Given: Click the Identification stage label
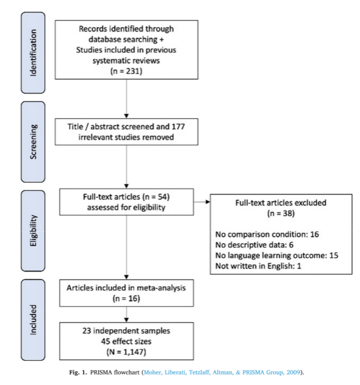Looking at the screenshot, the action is (x=33, y=53).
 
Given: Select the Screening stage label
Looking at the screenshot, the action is (x=33, y=142).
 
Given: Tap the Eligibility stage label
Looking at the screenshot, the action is (x=33, y=230).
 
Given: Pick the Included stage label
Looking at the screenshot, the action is (x=33, y=320).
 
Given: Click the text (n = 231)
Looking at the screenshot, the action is (x=127, y=71).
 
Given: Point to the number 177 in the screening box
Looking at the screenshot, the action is (x=178, y=127).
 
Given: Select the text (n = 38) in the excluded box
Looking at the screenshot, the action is (x=281, y=213).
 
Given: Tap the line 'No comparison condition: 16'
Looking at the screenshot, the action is (x=267, y=234).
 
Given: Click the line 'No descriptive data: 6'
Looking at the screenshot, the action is (x=254, y=245).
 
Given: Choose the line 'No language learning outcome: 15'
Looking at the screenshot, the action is (x=277, y=255).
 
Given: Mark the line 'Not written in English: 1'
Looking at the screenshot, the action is (x=258, y=266).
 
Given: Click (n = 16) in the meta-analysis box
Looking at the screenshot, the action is (x=127, y=298).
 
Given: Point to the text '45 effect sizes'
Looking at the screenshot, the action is (x=127, y=341).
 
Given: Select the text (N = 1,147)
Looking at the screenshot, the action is (x=127, y=352).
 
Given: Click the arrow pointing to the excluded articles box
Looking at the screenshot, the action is (x=202, y=202).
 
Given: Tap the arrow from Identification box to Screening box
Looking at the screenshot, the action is (x=127, y=99).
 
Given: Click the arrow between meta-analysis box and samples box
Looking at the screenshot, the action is (x=127, y=315).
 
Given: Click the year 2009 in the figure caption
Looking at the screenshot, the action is (x=293, y=372).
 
